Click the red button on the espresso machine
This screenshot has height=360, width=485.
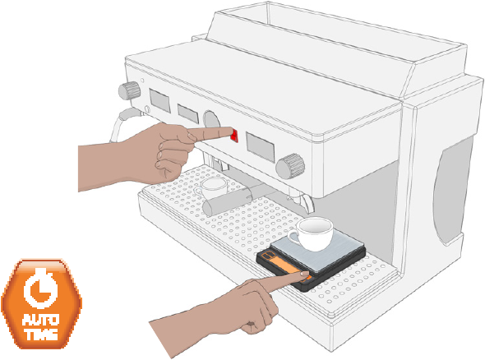(x=235, y=136)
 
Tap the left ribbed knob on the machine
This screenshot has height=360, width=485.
(x=129, y=90)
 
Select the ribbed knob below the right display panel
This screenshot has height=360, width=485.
(x=290, y=166)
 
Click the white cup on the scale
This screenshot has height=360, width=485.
(x=312, y=233)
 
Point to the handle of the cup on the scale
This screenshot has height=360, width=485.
(x=292, y=236)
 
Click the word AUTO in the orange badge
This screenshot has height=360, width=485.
(x=40, y=320)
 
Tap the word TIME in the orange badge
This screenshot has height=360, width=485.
(x=41, y=334)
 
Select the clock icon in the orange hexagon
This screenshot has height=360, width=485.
(x=40, y=289)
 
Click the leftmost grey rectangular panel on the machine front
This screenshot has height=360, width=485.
(x=159, y=100)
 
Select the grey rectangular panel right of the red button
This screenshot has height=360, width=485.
(x=261, y=147)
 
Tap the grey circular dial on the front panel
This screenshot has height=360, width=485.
(x=211, y=119)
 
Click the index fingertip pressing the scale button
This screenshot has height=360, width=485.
(x=304, y=274)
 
